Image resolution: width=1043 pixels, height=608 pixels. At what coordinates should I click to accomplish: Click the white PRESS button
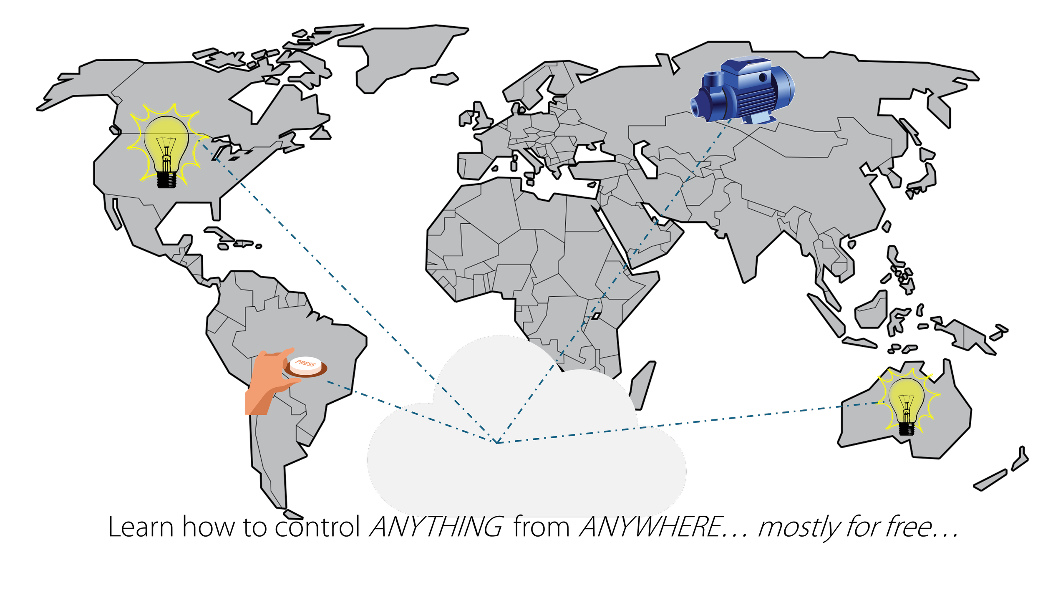click(305, 364)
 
